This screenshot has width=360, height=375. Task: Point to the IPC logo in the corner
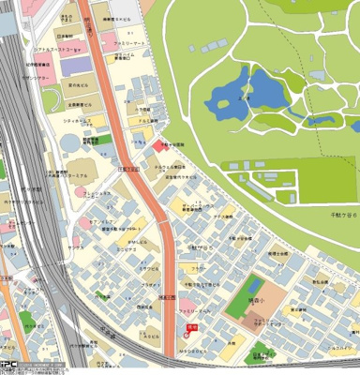tap(8, 367)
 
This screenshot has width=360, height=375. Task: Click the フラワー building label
tap(199, 268)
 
